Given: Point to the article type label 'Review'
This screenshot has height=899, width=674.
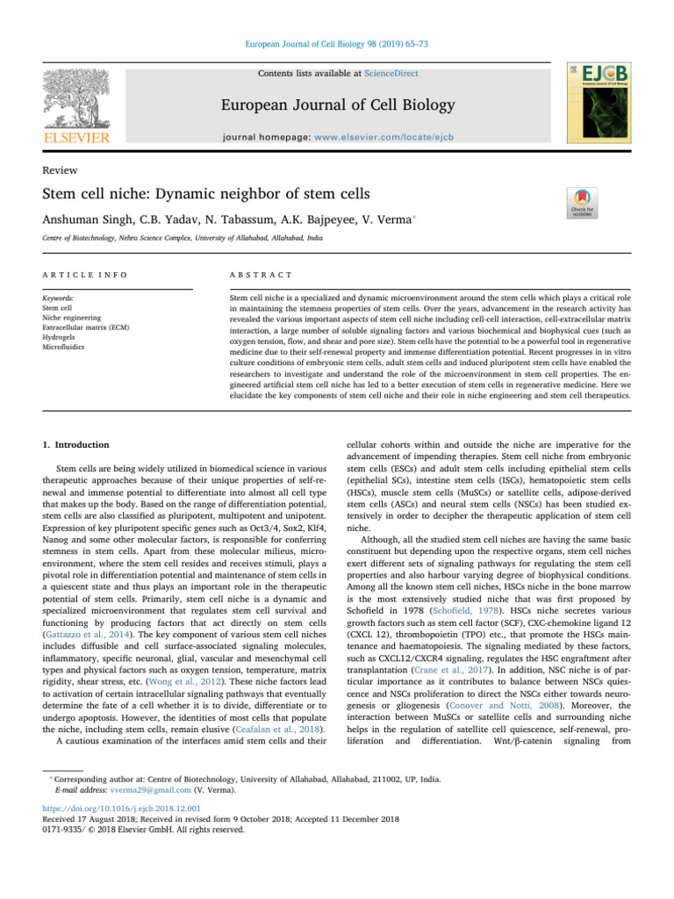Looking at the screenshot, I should coord(60,170).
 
